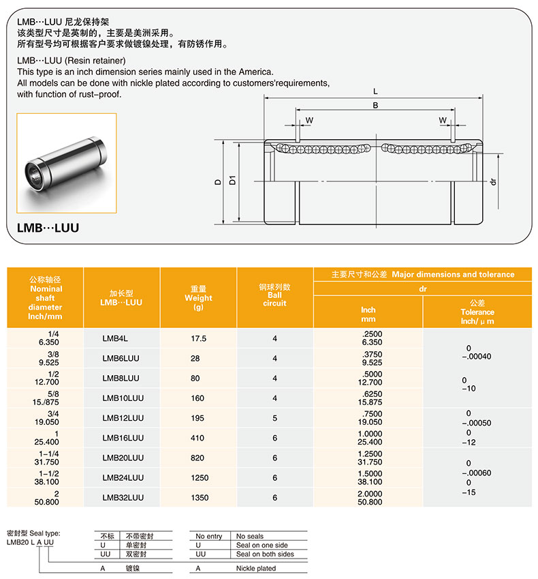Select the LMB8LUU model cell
pos(121,378)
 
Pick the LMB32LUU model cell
pos(121,498)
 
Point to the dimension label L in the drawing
pos(375,91)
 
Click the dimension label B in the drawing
pos(375,105)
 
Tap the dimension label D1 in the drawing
pos(232,181)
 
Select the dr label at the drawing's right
pos(492,181)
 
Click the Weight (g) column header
pos(199,297)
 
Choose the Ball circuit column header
pos(274,295)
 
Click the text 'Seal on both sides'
pos(265,554)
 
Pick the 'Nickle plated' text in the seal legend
pos(256,568)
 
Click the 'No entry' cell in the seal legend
pos(209,537)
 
